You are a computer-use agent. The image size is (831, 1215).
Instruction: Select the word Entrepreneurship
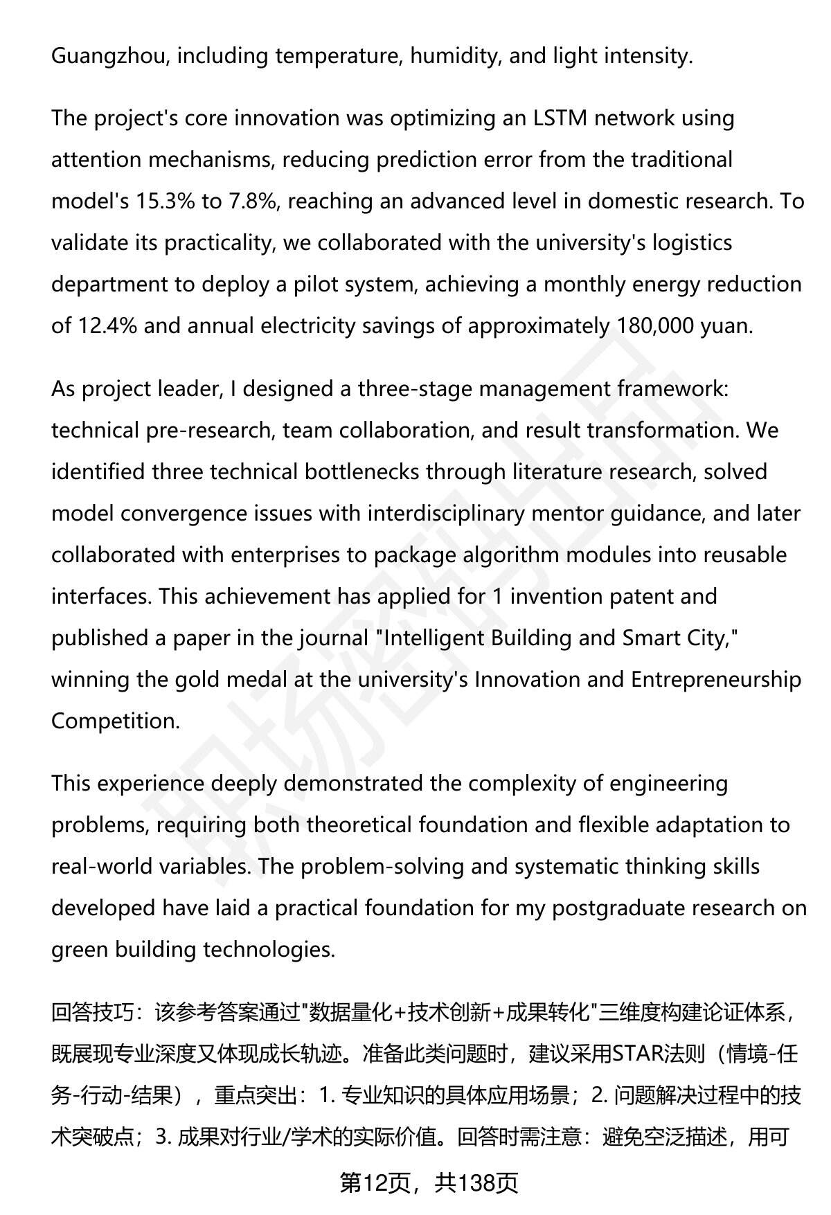coord(716,680)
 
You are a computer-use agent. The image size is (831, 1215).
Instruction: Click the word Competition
coord(115,721)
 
